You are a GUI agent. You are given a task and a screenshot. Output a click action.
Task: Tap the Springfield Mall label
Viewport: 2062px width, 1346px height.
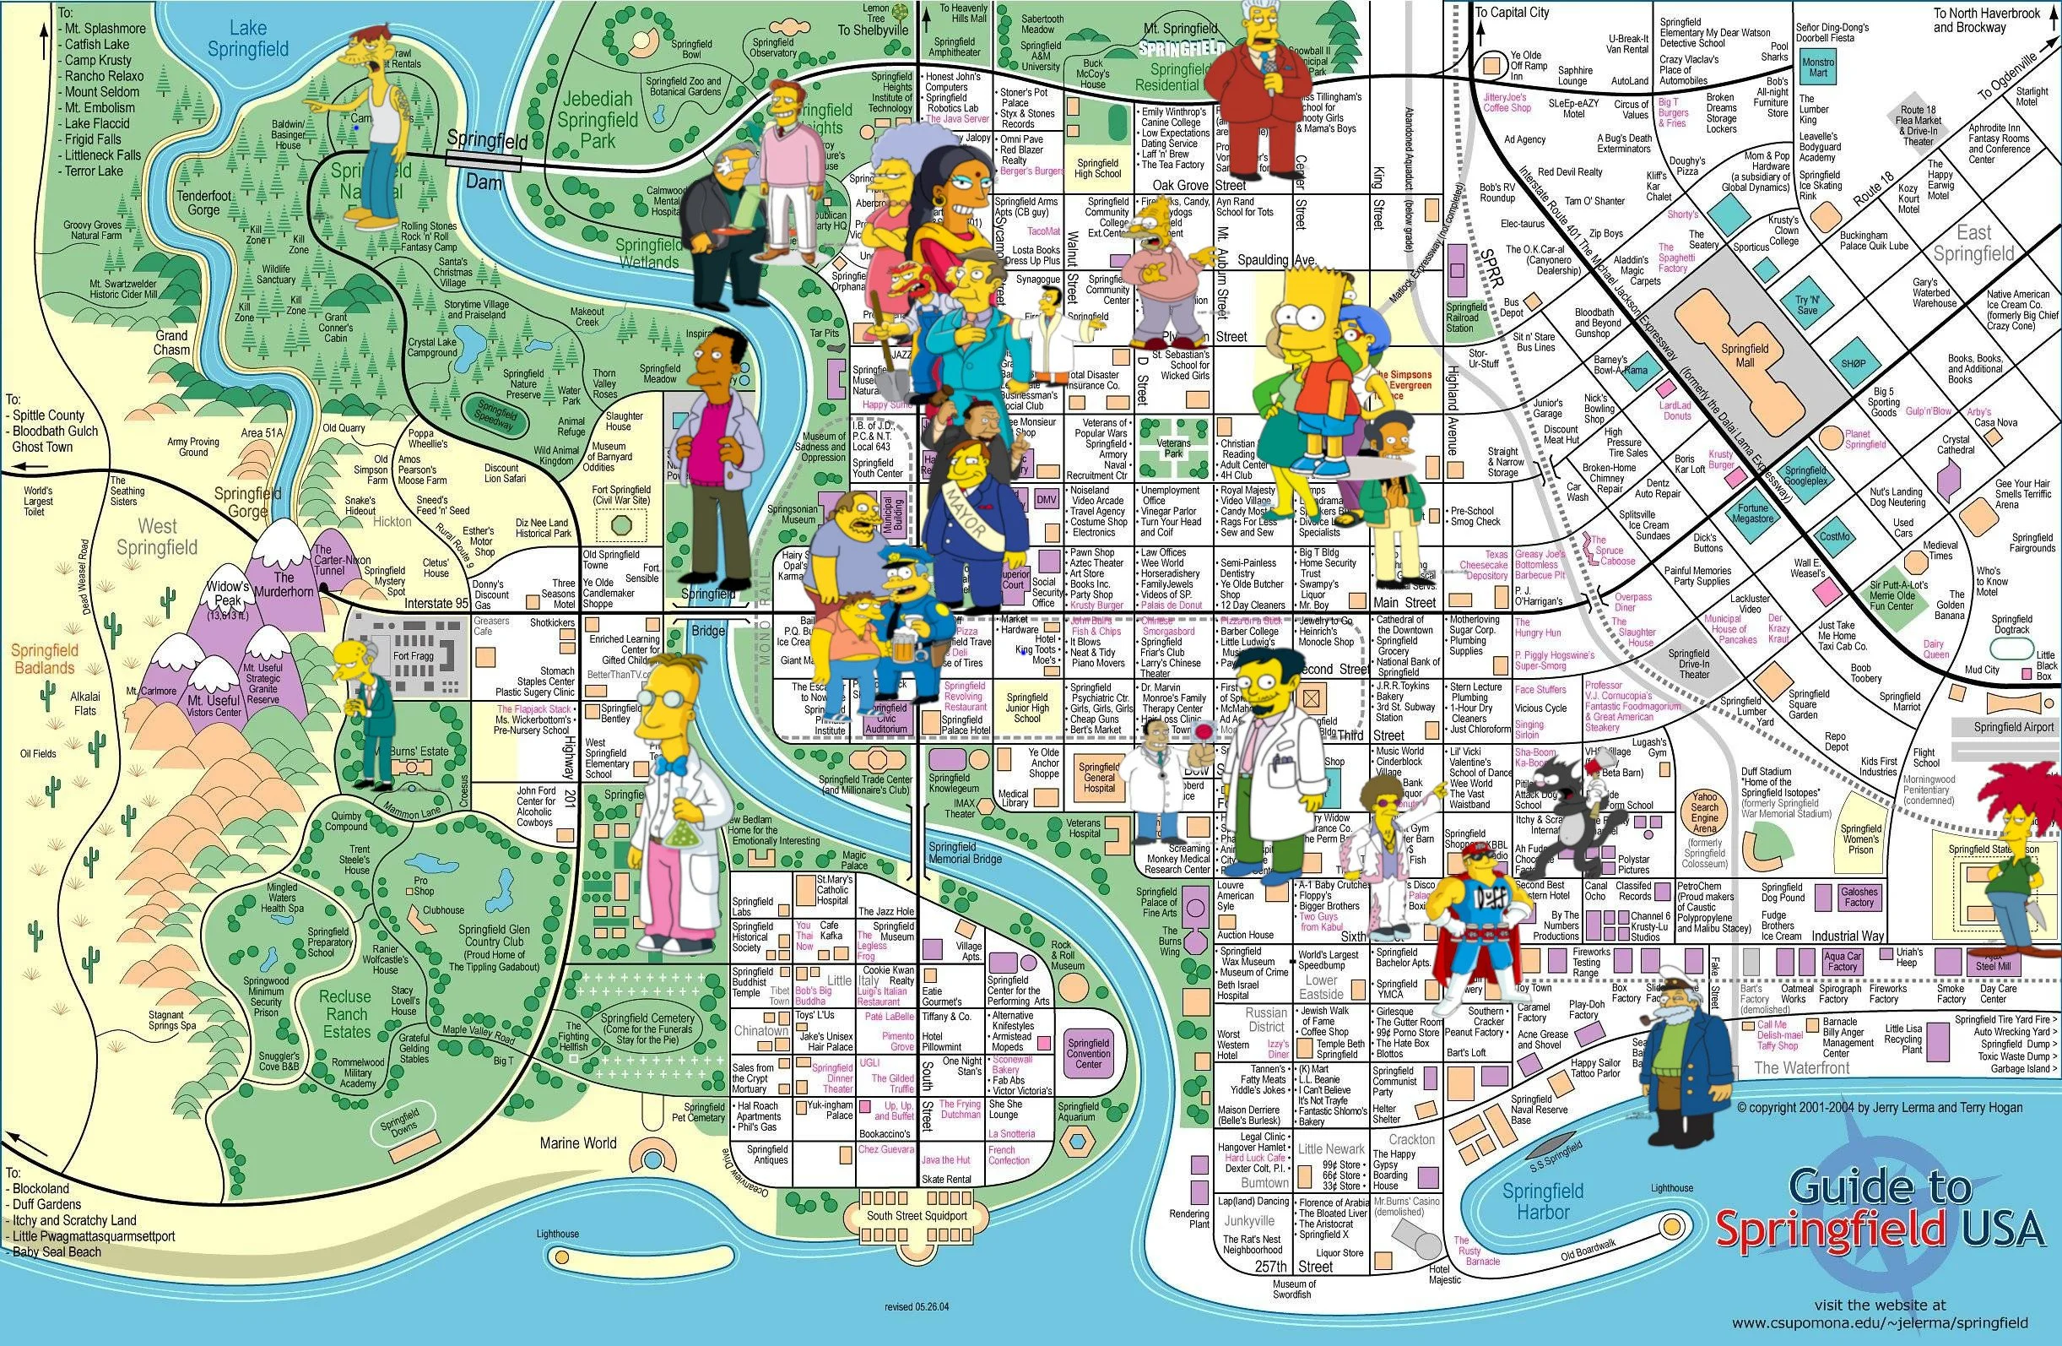pos(1744,355)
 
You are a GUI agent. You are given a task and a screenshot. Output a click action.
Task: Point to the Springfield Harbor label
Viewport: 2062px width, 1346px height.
pos(1543,1201)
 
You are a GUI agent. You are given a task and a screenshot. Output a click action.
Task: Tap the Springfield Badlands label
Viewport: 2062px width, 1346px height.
pos(43,659)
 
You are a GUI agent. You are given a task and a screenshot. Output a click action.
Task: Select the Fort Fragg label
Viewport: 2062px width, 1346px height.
pos(414,656)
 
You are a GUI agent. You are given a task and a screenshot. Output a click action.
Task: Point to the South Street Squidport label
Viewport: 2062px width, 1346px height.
pos(917,1216)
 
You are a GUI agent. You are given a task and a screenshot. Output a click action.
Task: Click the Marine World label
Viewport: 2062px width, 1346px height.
pos(578,1143)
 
